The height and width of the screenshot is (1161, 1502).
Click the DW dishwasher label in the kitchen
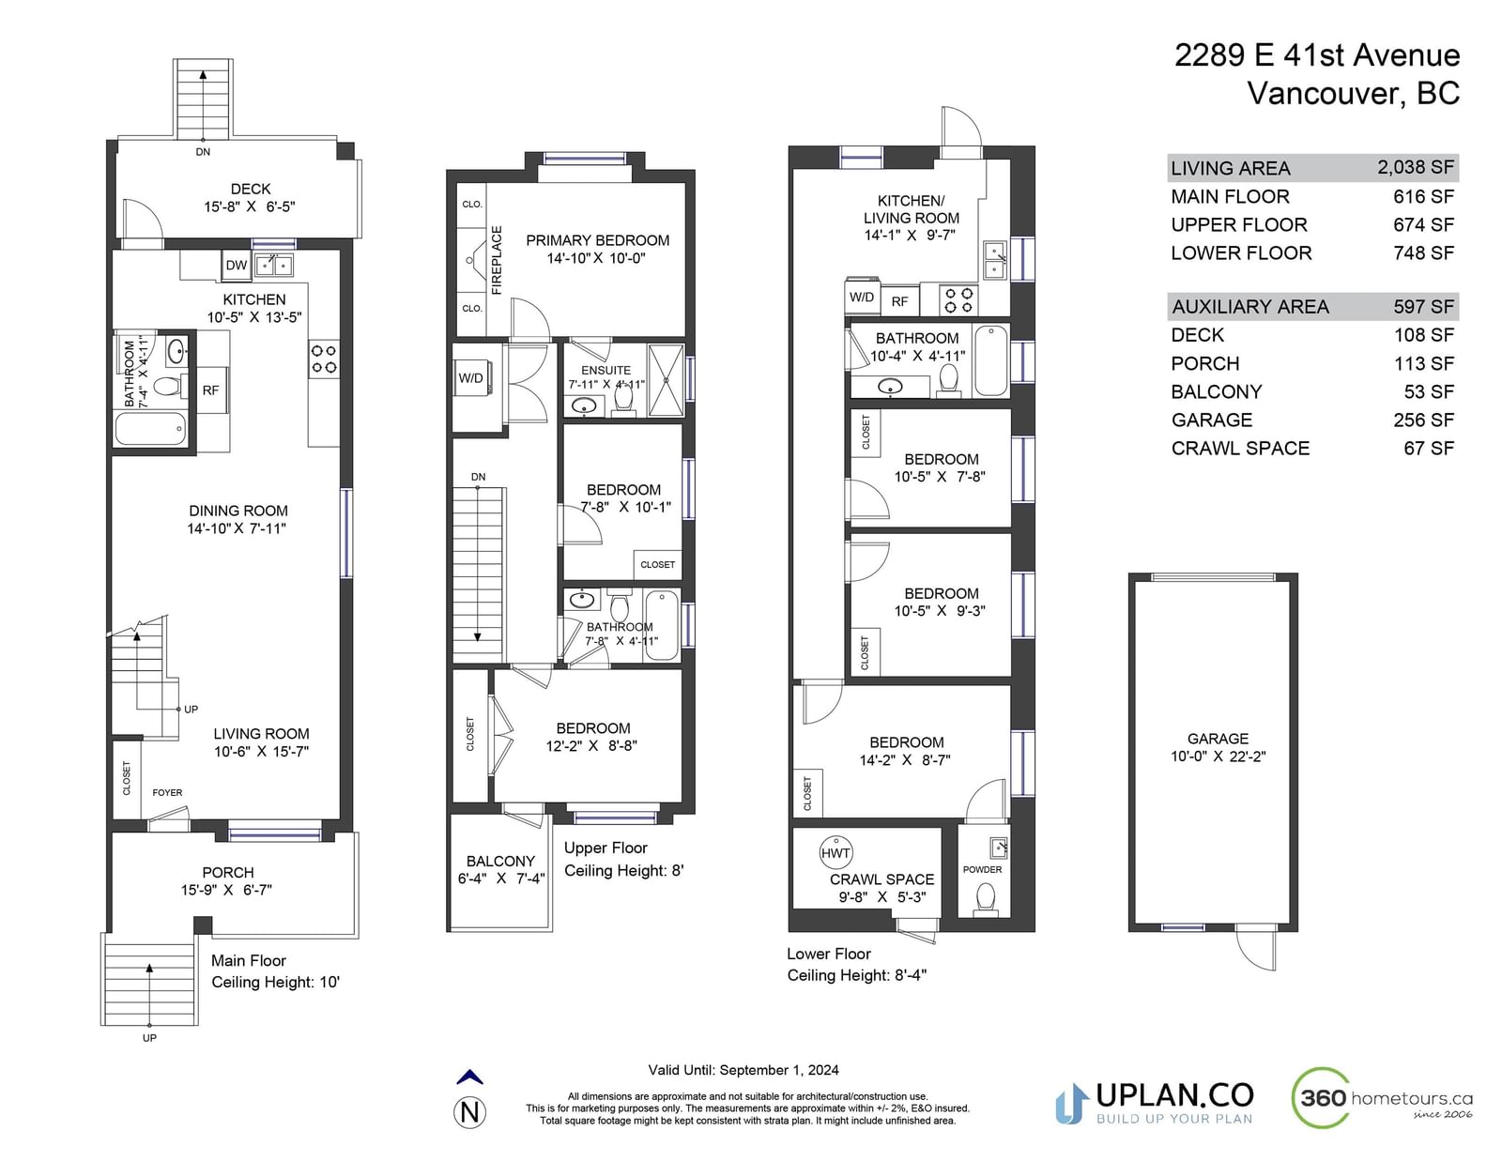tap(237, 266)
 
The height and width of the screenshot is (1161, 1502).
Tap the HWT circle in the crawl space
tap(835, 853)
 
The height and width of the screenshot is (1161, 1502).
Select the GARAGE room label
tap(1218, 739)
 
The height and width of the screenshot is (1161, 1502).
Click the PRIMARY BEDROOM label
tap(597, 240)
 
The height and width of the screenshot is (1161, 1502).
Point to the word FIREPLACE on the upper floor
tap(497, 261)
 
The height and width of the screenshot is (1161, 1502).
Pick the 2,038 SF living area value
tap(1416, 167)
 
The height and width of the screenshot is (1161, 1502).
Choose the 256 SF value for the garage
tap(1423, 420)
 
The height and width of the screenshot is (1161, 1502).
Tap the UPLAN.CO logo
tap(1155, 1104)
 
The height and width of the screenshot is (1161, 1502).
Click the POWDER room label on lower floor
tap(982, 869)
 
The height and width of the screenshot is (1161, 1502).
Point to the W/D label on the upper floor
tap(470, 378)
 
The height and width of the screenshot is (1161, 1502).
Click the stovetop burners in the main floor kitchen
tap(324, 359)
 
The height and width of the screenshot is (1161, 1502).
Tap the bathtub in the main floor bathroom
tap(150, 429)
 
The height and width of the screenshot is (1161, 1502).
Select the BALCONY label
tap(500, 861)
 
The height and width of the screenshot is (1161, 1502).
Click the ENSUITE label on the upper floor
tap(605, 371)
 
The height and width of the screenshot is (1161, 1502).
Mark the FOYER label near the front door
tap(167, 793)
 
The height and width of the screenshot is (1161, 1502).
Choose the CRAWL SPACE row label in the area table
tap(1240, 449)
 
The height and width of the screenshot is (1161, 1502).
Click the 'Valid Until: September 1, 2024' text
tap(743, 1071)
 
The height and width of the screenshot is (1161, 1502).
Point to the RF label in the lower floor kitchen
tap(899, 302)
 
